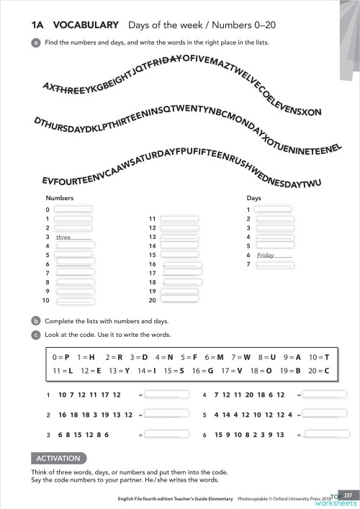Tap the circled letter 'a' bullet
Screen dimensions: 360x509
pyautogui.click(x=35, y=42)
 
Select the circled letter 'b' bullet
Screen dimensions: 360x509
pyautogui.click(x=35, y=321)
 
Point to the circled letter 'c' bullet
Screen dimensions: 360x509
pyautogui.click(x=35, y=335)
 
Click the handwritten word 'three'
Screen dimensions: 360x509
pyautogui.click(x=63, y=237)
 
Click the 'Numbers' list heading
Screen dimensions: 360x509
pyautogui.click(x=60, y=197)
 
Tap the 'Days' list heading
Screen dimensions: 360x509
pyautogui.click(x=253, y=197)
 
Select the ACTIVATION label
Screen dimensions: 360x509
pyautogui.click(x=59, y=459)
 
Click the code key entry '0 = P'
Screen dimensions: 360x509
pyautogui.click(x=61, y=357)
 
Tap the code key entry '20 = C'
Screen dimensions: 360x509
pyautogui.click(x=318, y=371)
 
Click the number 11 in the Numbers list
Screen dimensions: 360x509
pyautogui.click(x=152, y=218)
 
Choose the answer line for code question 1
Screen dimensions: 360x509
pyautogui.click(x=163, y=395)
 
